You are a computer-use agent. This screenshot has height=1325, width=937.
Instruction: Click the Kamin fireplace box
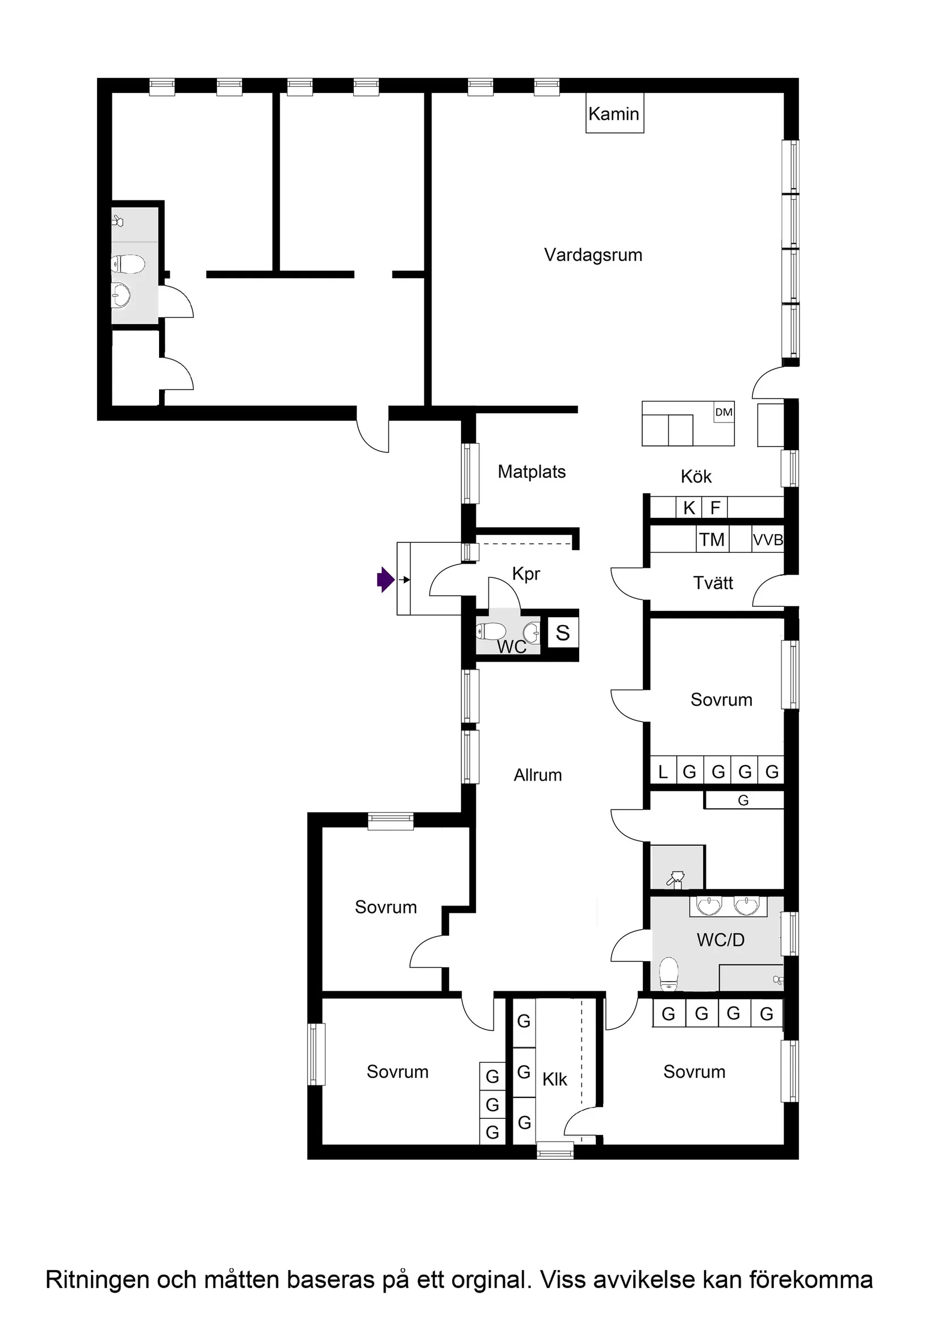pos(614,114)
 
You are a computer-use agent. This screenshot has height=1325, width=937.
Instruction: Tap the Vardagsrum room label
pos(593,254)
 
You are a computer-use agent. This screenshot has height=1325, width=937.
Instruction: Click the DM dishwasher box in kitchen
pos(723,412)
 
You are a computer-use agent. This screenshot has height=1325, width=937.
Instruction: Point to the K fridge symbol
pos(689,508)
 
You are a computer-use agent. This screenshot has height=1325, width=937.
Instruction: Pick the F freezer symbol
pos(715,508)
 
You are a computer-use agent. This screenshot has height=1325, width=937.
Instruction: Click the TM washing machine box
pos(712,539)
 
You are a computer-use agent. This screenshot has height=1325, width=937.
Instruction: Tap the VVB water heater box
pos(767,540)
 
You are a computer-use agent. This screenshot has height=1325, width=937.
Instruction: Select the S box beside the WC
pos(562,633)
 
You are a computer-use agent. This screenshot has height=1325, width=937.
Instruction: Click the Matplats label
pos(531,472)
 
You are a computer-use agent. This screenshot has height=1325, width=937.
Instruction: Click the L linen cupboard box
pos(663,771)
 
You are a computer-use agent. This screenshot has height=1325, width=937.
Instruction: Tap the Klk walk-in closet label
pos(554,1079)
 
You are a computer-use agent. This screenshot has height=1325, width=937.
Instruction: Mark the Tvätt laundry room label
pos(713,583)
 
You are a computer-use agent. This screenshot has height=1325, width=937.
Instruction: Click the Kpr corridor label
pos(526,573)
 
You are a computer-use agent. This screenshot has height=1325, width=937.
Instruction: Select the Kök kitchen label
pos(696,476)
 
